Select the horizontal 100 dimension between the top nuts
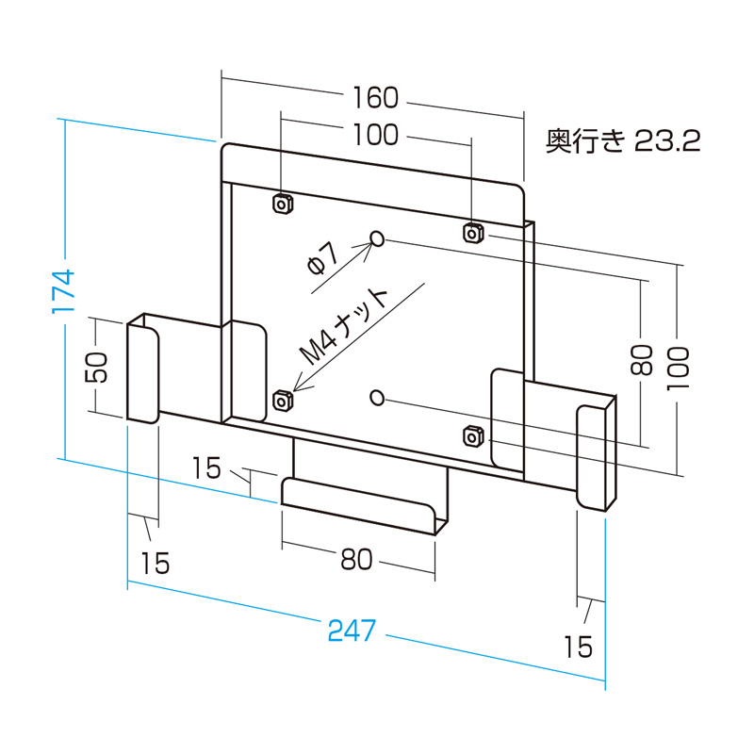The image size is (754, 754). [x=376, y=135]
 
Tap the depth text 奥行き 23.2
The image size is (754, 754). [x=623, y=142]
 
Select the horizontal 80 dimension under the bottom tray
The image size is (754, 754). [x=356, y=559]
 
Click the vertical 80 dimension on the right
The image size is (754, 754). [x=642, y=359]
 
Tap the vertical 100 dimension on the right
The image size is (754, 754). [x=678, y=368]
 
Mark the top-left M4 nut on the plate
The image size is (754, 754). [x=282, y=204]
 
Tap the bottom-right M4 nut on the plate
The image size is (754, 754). [x=473, y=435]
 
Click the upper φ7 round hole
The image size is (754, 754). [x=377, y=239]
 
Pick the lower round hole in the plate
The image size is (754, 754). [x=377, y=397]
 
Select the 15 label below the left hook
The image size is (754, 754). [x=156, y=563]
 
